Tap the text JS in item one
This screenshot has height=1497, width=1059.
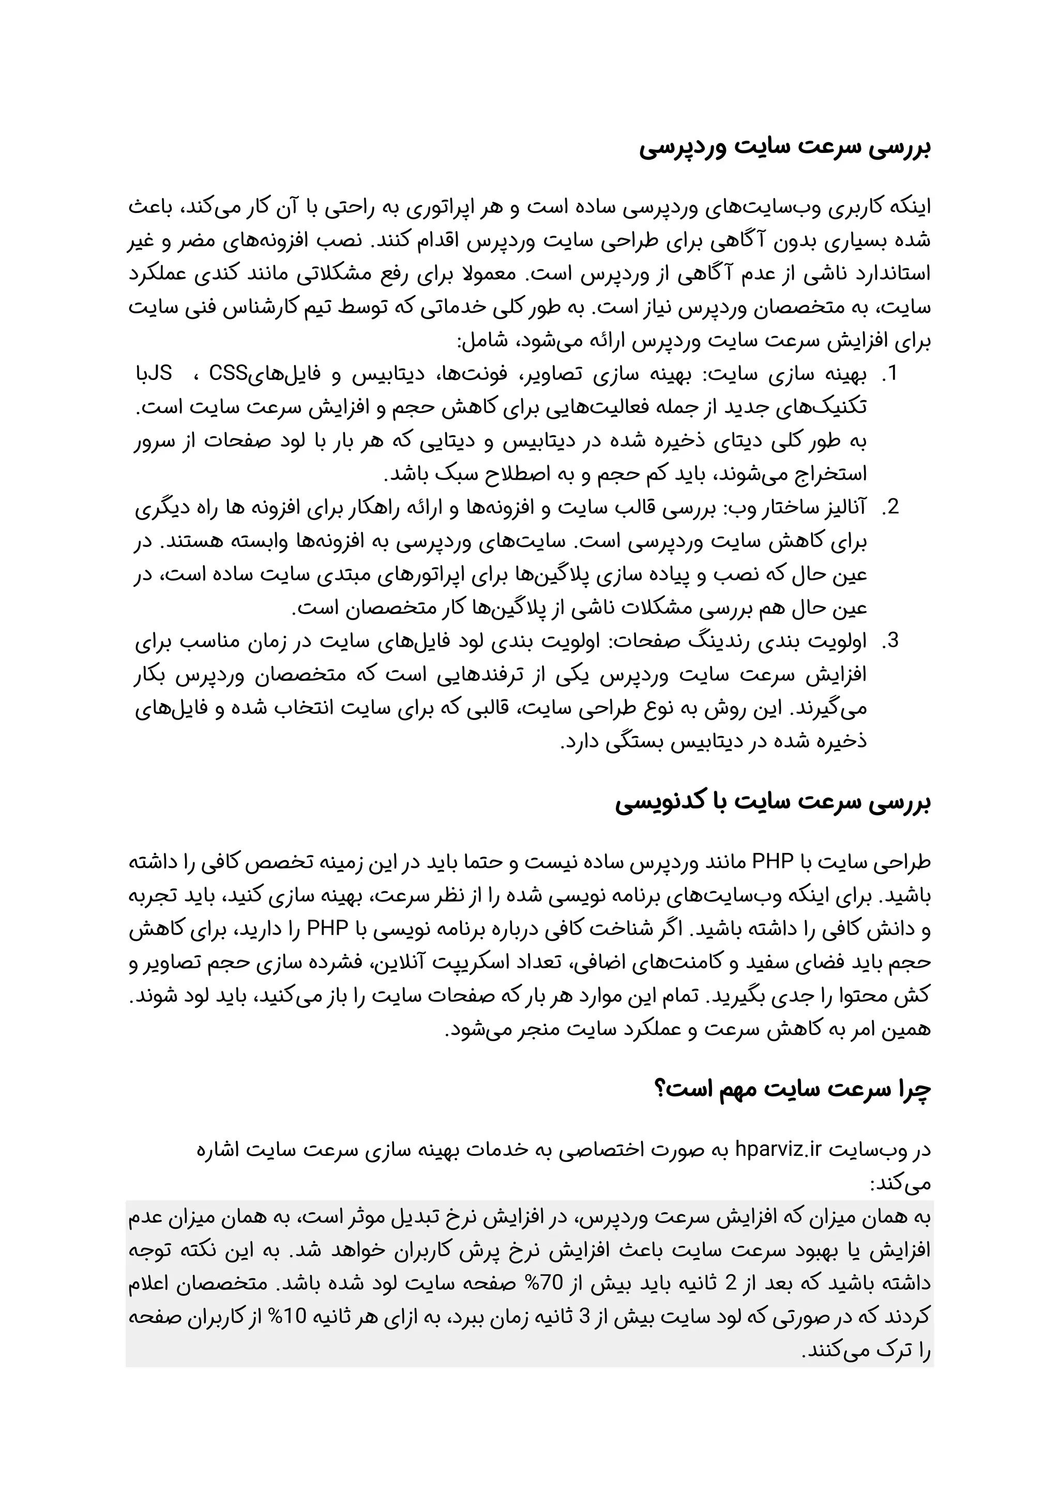click(160, 374)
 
